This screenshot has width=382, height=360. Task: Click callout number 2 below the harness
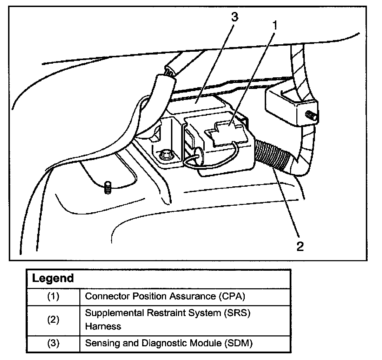pyautogui.click(x=299, y=246)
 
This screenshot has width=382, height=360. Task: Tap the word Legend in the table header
pyautogui.click(x=53, y=278)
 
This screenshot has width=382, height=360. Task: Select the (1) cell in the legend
pyautogui.click(x=53, y=296)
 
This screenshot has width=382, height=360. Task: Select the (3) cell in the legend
pyautogui.click(x=53, y=343)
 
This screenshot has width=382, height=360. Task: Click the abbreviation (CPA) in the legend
pyautogui.click(x=231, y=296)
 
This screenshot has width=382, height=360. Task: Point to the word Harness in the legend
pyautogui.click(x=103, y=326)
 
